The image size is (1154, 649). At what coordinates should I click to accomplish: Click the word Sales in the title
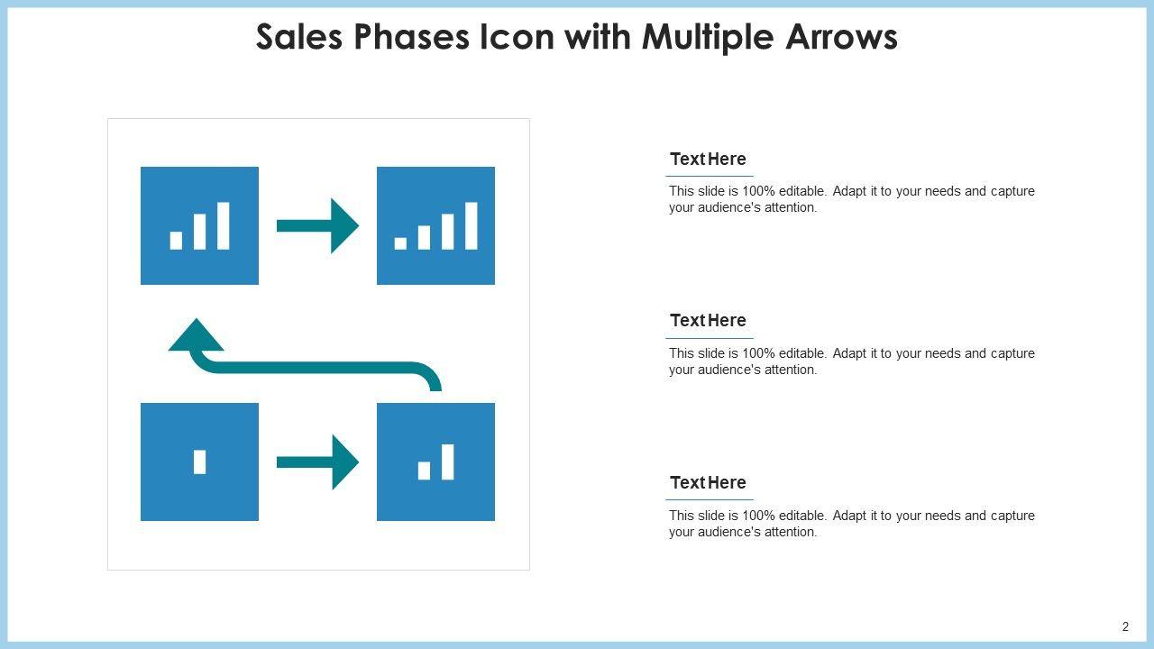pos(299,37)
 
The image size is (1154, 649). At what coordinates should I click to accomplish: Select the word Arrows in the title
pos(841,37)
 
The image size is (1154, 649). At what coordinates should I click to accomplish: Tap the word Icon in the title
pos(517,37)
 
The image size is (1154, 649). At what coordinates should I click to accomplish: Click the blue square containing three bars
pos(199,225)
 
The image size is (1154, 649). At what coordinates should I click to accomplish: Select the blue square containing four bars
pos(435,225)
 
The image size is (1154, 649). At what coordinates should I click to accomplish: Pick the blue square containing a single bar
pos(199,462)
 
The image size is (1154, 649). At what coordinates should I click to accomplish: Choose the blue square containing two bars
pos(435,462)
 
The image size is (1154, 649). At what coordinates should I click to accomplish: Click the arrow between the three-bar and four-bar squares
pos(318,225)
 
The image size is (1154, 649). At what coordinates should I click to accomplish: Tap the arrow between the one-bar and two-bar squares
pos(318,462)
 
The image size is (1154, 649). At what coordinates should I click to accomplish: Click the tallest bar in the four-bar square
pos(472,225)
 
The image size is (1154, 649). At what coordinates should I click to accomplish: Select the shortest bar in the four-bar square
pos(400,243)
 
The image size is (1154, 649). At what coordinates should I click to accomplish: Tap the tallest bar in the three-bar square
pos(223,225)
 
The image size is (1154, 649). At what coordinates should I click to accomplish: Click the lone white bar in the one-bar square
pos(199,462)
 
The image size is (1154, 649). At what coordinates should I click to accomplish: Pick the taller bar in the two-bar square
pos(448,462)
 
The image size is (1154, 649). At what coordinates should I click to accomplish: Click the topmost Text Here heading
pos(708,160)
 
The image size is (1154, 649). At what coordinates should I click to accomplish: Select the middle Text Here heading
pos(708,320)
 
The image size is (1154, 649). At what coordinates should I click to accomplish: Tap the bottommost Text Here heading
pos(708,482)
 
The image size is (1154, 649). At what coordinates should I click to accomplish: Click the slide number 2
pos(1126,626)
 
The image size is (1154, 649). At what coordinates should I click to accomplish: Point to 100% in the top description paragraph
pos(758,191)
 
